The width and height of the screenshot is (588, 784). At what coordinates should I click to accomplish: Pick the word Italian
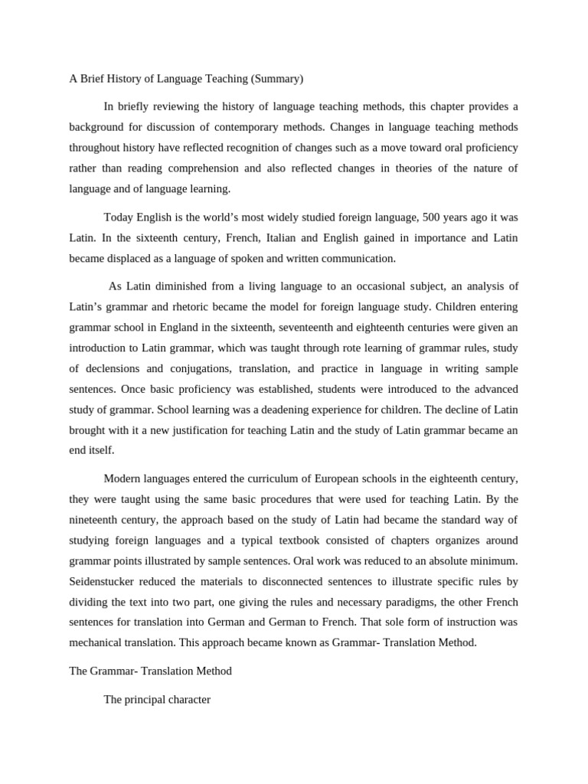294,237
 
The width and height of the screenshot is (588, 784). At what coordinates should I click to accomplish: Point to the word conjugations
218,369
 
